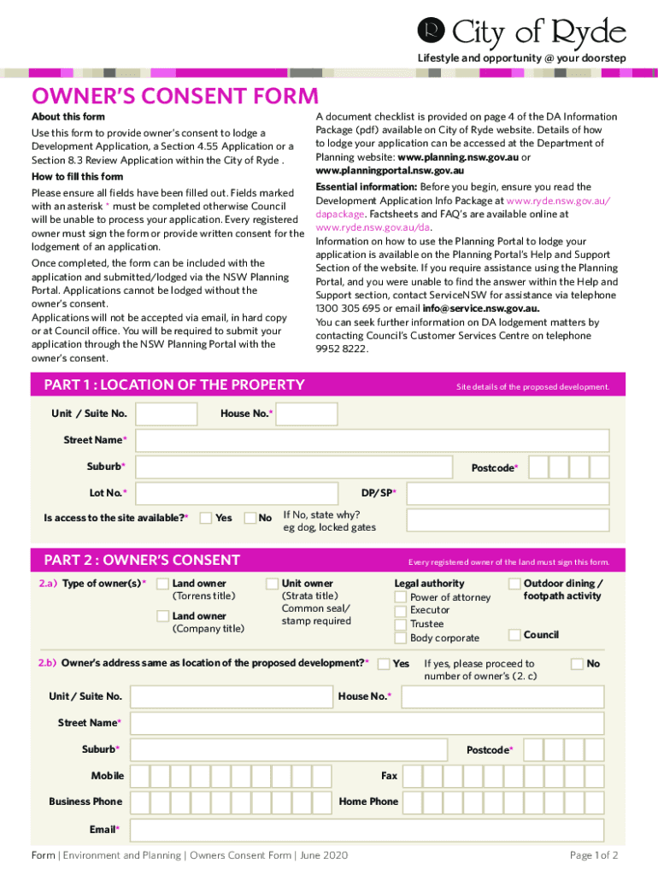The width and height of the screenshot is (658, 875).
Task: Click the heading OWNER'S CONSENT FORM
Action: tap(174, 96)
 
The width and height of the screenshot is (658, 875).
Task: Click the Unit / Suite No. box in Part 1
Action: tap(167, 414)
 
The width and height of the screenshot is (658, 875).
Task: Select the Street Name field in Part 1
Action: tap(372, 441)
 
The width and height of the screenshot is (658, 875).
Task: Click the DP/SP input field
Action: tap(508, 493)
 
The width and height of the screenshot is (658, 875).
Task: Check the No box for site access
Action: tap(250, 518)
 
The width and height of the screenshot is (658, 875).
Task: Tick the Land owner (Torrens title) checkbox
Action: tap(162, 584)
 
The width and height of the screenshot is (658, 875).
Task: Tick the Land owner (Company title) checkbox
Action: tap(162, 616)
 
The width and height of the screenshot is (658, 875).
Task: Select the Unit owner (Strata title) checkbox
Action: tap(272, 584)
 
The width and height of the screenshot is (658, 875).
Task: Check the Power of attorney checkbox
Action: tap(400, 597)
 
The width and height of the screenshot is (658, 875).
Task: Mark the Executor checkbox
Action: tap(400, 611)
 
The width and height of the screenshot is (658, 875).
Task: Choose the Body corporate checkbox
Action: tap(400, 637)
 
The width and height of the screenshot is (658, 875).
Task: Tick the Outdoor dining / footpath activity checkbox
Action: tap(514, 584)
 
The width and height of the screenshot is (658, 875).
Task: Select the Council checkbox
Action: tap(514, 634)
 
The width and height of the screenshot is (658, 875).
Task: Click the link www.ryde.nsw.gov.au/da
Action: tap(373, 227)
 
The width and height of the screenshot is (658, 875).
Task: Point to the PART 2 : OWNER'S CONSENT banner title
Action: tap(142, 561)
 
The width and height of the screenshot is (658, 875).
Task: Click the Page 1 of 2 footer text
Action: tap(593, 855)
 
